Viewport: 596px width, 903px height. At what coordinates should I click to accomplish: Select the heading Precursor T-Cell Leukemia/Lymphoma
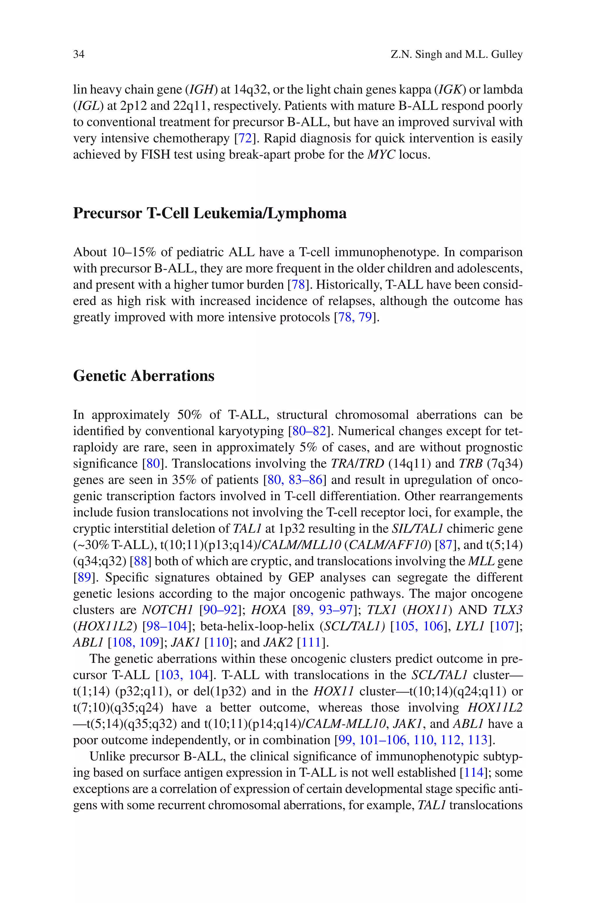(x=210, y=213)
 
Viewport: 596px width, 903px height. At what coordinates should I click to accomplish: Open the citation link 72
(x=245, y=138)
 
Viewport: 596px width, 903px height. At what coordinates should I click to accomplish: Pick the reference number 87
(x=446, y=545)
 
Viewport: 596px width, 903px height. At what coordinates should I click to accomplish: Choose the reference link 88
(x=140, y=561)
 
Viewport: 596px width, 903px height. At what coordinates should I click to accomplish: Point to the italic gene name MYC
(x=381, y=154)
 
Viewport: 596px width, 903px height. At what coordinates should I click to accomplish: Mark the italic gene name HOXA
(x=269, y=610)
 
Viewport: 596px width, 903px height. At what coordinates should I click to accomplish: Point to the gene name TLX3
(x=508, y=610)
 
